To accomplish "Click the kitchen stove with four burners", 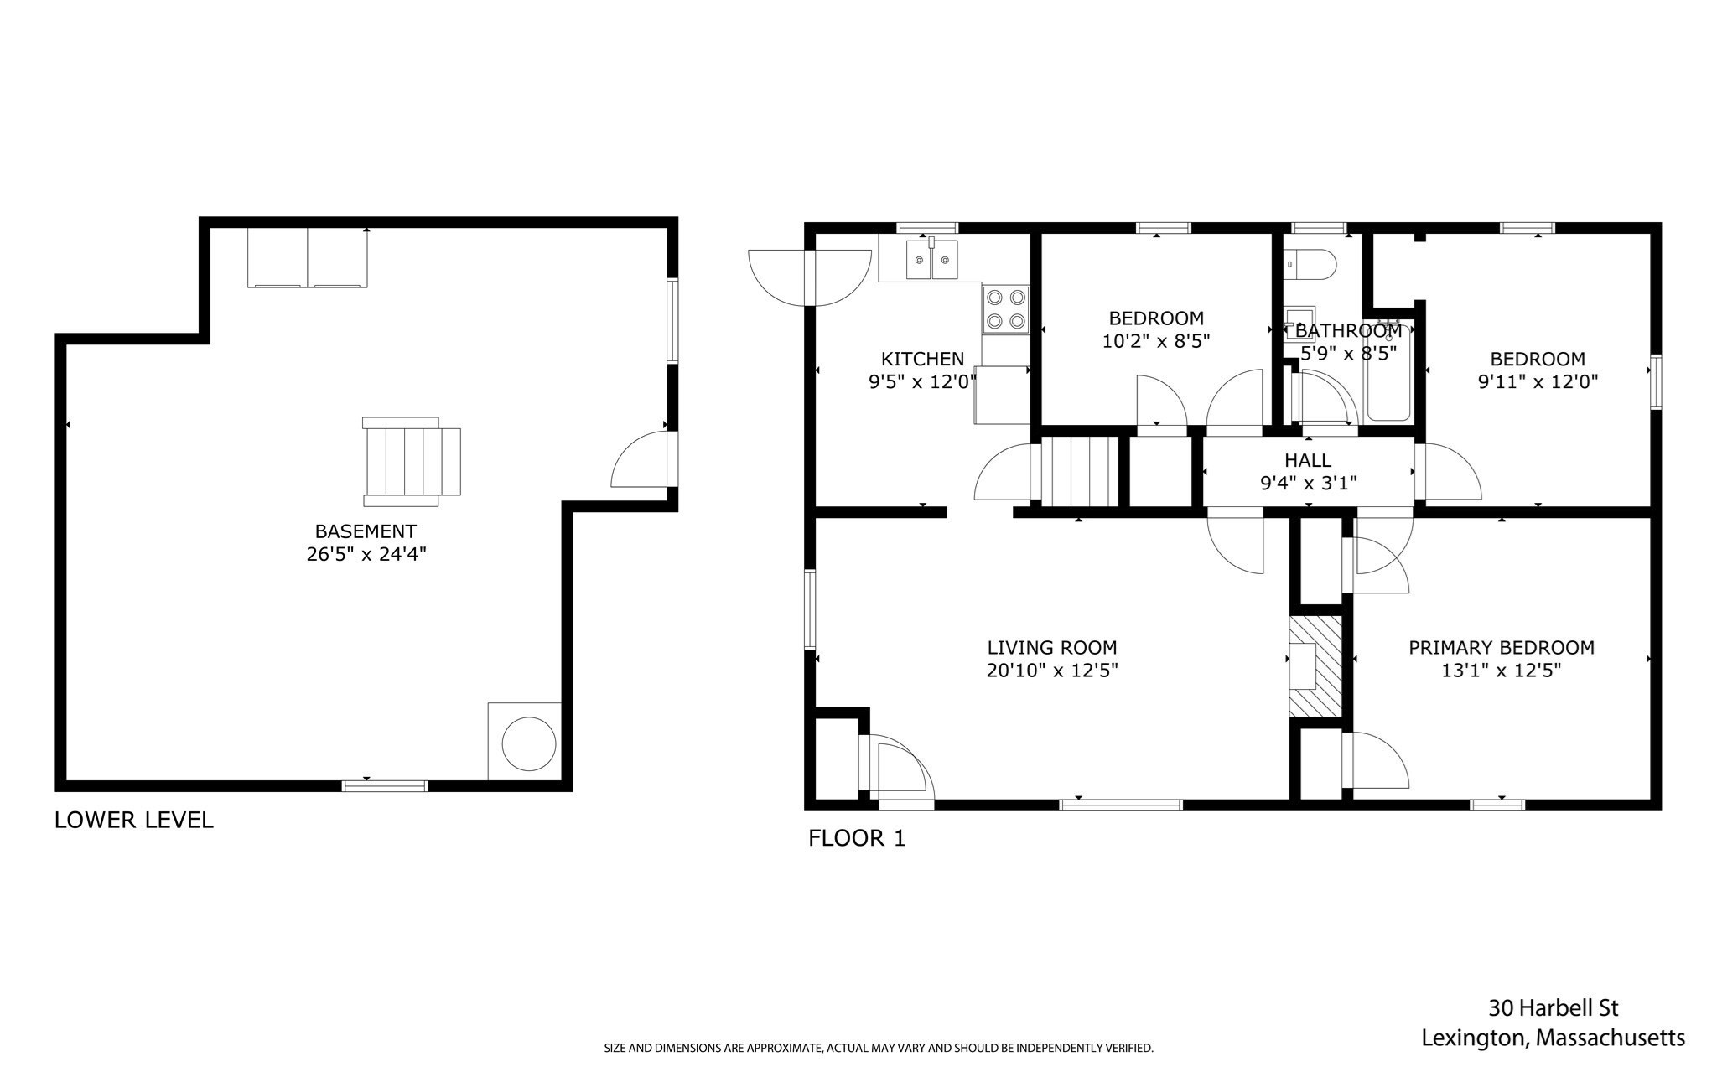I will tap(1005, 309).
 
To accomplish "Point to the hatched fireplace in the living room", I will tap(1315, 666).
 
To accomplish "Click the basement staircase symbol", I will tap(411, 461).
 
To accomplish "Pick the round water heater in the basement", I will tap(528, 743).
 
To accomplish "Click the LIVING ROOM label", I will tap(1051, 647).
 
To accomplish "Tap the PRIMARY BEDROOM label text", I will tap(1501, 647).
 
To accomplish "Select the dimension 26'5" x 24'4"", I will tap(366, 554).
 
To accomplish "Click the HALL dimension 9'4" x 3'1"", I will tap(1308, 483).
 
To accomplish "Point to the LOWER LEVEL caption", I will tap(133, 820).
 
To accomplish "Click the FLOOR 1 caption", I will tap(856, 838).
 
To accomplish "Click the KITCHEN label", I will tap(922, 359).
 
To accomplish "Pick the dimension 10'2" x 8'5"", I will tap(1156, 341).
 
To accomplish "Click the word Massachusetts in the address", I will tap(1611, 1038).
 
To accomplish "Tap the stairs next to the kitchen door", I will tap(1079, 471).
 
